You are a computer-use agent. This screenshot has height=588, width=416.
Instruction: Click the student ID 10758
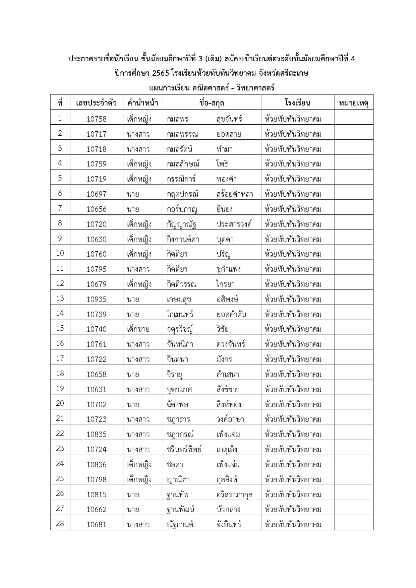[x=97, y=119]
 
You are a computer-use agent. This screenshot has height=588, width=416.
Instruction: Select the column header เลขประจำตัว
[x=97, y=103]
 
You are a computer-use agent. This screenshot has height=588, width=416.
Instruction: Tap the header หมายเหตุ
[x=354, y=103]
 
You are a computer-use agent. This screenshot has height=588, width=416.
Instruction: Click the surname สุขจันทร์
[x=229, y=119]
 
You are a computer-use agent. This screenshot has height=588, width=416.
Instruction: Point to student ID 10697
[x=97, y=194]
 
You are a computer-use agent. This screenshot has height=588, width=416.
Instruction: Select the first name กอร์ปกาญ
[x=182, y=209]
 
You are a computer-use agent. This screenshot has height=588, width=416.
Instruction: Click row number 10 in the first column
[x=60, y=253]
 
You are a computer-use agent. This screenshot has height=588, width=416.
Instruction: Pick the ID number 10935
[x=97, y=299]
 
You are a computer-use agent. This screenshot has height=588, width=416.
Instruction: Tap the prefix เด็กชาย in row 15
[x=138, y=329]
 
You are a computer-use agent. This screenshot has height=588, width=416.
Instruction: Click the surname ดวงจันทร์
[x=231, y=344]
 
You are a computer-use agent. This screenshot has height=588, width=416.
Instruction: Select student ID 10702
[x=97, y=404]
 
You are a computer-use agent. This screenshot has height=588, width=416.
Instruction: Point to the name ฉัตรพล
[x=177, y=404]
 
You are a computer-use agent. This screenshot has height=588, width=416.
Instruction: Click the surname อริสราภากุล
[x=234, y=495]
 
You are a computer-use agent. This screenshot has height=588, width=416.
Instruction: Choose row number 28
[x=60, y=523]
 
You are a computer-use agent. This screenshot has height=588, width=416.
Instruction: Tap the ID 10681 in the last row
[x=97, y=524]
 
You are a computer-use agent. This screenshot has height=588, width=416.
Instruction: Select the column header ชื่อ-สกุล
[x=212, y=103]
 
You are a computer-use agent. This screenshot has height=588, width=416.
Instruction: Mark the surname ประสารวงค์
[x=234, y=224]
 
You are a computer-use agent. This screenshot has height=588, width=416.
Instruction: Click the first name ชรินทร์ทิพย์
[x=184, y=449]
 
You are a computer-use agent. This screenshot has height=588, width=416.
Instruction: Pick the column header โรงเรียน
[x=298, y=103]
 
